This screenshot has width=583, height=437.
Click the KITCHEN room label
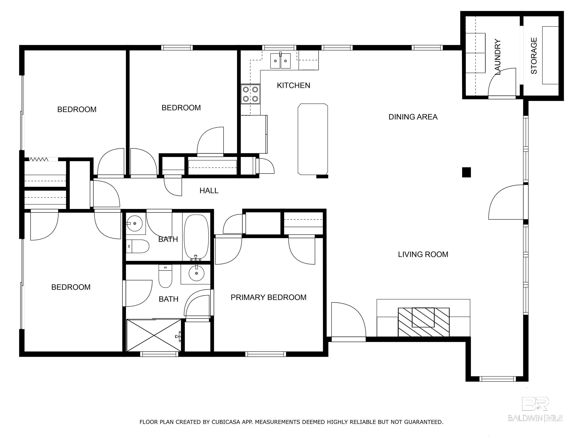(x=293, y=85)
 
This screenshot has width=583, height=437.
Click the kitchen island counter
(x=313, y=139)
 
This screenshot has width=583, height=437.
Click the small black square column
(x=466, y=172)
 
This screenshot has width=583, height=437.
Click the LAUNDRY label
(x=497, y=57)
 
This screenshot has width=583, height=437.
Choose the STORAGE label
(x=533, y=56)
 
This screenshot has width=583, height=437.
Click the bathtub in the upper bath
(x=196, y=237)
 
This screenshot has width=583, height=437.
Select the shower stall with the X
(x=154, y=335)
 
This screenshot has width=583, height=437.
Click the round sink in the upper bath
(x=135, y=223)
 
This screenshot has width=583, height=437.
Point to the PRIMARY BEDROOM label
(x=268, y=297)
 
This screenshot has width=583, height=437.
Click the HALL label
(x=209, y=191)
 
